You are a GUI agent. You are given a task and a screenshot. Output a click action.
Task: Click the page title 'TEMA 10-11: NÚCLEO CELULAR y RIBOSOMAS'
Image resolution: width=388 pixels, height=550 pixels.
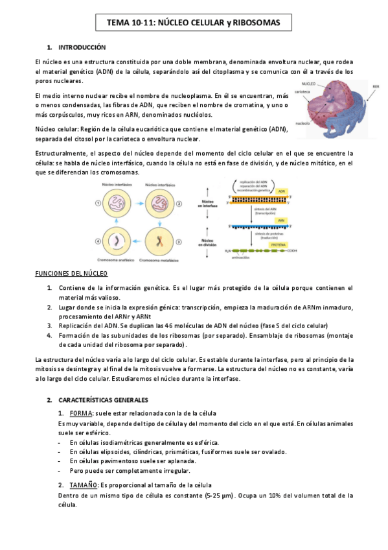point(194,23)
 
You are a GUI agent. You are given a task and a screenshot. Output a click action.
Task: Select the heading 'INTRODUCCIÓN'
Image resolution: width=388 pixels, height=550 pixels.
point(82,48)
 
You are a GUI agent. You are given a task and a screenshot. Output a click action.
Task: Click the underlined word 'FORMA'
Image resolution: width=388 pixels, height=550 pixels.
point(81,413)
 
